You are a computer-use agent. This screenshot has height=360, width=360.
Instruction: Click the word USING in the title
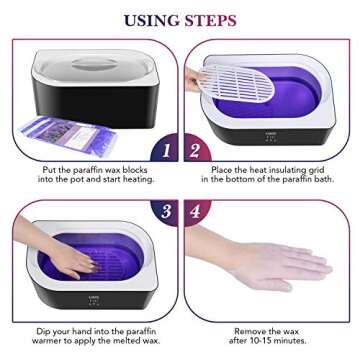pos(150,20)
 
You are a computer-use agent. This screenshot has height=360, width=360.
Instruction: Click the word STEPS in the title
pos(210,20)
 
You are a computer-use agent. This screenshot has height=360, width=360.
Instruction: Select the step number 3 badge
pos(164,212)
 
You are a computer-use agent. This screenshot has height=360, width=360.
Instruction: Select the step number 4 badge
pos(195,212)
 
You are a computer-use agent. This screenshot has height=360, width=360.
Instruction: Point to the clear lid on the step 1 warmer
pos(90,60)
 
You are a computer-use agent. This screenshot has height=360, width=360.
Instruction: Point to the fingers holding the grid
pos(194,78)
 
